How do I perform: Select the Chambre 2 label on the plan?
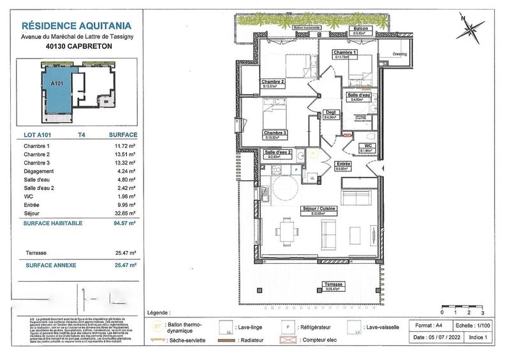[x=273, y=83]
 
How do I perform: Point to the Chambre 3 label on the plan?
[x=275, y=134]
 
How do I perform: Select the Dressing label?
[x=400, y=54]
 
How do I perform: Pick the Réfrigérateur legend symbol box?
[x=288, y=329]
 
